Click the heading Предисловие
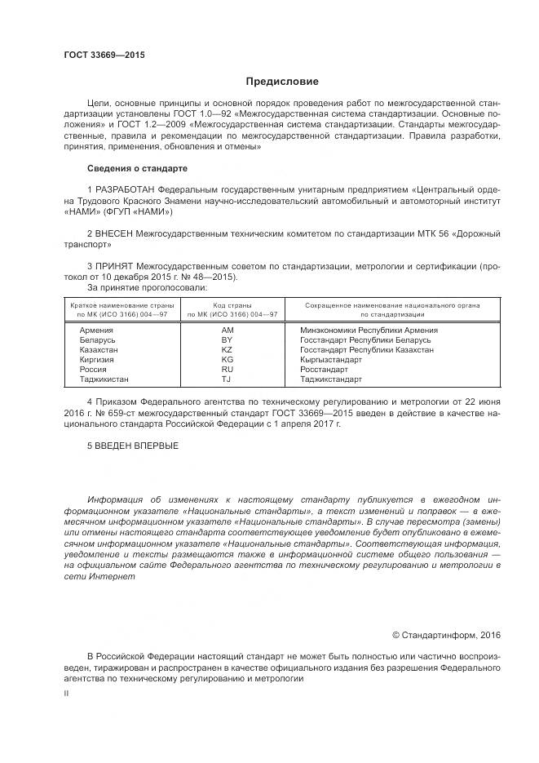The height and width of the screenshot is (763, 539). click(x=283, y=82)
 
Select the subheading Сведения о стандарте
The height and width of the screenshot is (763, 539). click(x=137, y=168)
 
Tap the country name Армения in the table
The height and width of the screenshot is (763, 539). click(x=96, y=330)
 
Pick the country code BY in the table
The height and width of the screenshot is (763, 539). click(x=228, y=340)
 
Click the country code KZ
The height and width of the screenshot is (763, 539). click(x=228, y=350)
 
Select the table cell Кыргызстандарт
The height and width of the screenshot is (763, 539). click(x=331, y=360)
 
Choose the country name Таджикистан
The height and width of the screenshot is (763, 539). click(x=104, y=379)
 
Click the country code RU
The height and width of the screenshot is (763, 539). click(x=228, y=370)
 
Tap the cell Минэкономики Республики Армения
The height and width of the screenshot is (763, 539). click(x=369, y=330)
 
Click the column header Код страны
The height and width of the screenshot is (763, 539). click(x=232, y=305)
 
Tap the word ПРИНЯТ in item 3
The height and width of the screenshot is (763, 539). click(x=116, y=266)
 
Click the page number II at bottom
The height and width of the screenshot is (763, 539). click(x=66, y=692)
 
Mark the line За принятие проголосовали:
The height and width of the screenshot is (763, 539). click(x=147, y=287)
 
